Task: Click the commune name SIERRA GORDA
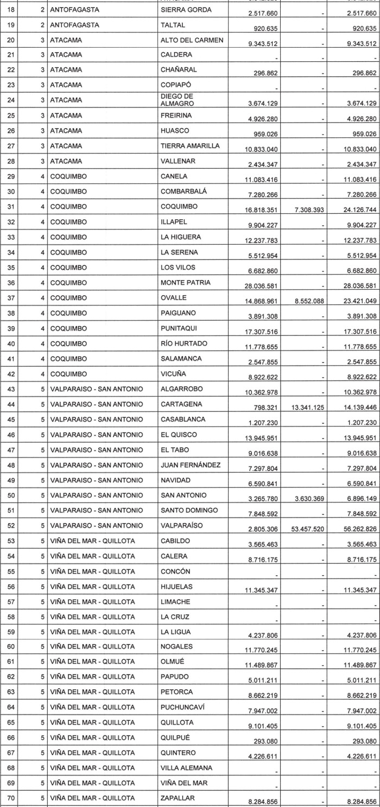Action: pos(186,10)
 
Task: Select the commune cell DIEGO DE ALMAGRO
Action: pos(178,100)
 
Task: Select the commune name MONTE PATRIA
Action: pos(186,283)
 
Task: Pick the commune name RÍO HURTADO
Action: pos(184,344)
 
